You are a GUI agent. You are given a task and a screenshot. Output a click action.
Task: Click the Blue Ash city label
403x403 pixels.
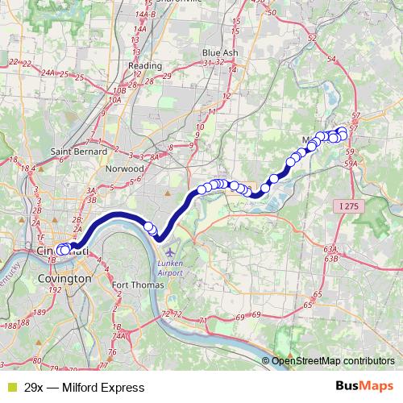point(220,52)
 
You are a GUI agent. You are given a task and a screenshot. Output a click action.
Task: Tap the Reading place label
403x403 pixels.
point(145,66)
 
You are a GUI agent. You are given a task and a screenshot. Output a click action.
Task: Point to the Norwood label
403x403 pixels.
point(125,169)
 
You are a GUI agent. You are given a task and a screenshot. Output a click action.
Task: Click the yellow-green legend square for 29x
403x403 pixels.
point(10,388)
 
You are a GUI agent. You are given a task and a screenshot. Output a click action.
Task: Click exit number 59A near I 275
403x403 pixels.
point(351,164)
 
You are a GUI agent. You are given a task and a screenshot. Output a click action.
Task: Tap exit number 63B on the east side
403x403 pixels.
point(330,260)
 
